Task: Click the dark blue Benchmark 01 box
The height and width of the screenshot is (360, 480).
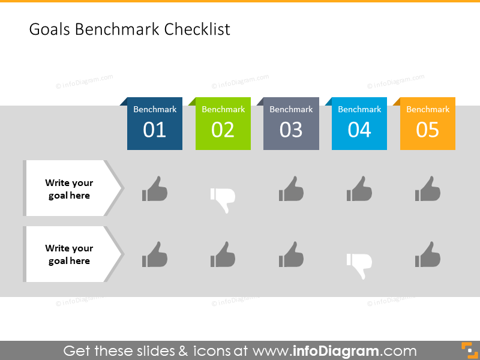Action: click(155, 124)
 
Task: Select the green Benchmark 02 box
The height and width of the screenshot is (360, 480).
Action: click(223, 124)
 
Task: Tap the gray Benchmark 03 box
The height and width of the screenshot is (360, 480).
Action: click(291, 124)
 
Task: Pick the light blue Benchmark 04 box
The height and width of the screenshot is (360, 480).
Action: click(359, 124)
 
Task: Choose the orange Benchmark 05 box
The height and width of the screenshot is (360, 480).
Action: click(428, 124)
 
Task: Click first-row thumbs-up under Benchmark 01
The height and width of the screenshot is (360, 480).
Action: click(155, 189)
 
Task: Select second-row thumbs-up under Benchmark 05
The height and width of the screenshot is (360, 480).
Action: click(428, 255)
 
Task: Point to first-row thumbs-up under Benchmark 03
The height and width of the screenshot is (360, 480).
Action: click(291, 189)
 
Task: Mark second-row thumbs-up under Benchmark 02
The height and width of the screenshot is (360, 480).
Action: click(223, 255)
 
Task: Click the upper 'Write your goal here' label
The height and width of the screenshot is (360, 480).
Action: click(69, 189)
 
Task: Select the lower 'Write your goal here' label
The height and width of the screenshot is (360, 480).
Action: click(69, 254)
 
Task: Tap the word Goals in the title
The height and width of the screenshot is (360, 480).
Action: click(50, 29)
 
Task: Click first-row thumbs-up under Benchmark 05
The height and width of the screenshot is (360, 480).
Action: click(428, 189)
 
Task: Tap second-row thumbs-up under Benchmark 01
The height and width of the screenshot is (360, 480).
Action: click(155, 255)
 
